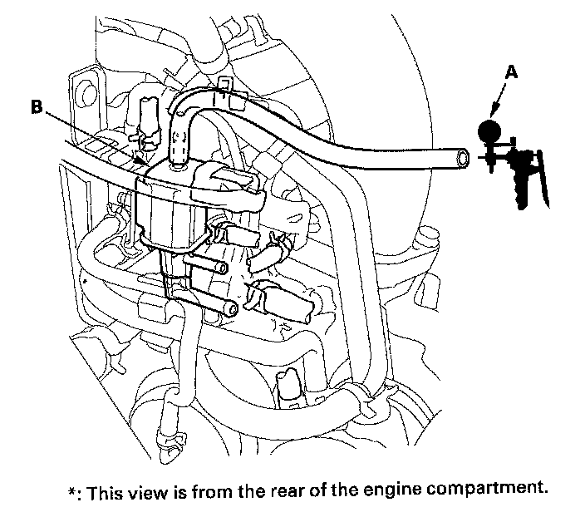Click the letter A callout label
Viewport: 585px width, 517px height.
513,73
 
